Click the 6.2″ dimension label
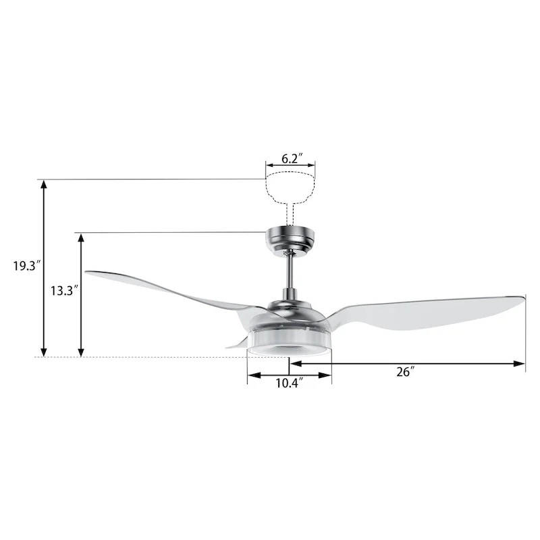pyautogui.click(x=290, y=159)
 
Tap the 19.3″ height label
pyautogui.click(x=28, y=266)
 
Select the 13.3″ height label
pyautogui.click(x=65, y=291)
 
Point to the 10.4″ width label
pyautogui.click(x=289, y=383)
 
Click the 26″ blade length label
pyautogui.click(x=405, y=372)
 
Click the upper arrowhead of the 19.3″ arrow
pyautogui.click(x=45, y=184)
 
